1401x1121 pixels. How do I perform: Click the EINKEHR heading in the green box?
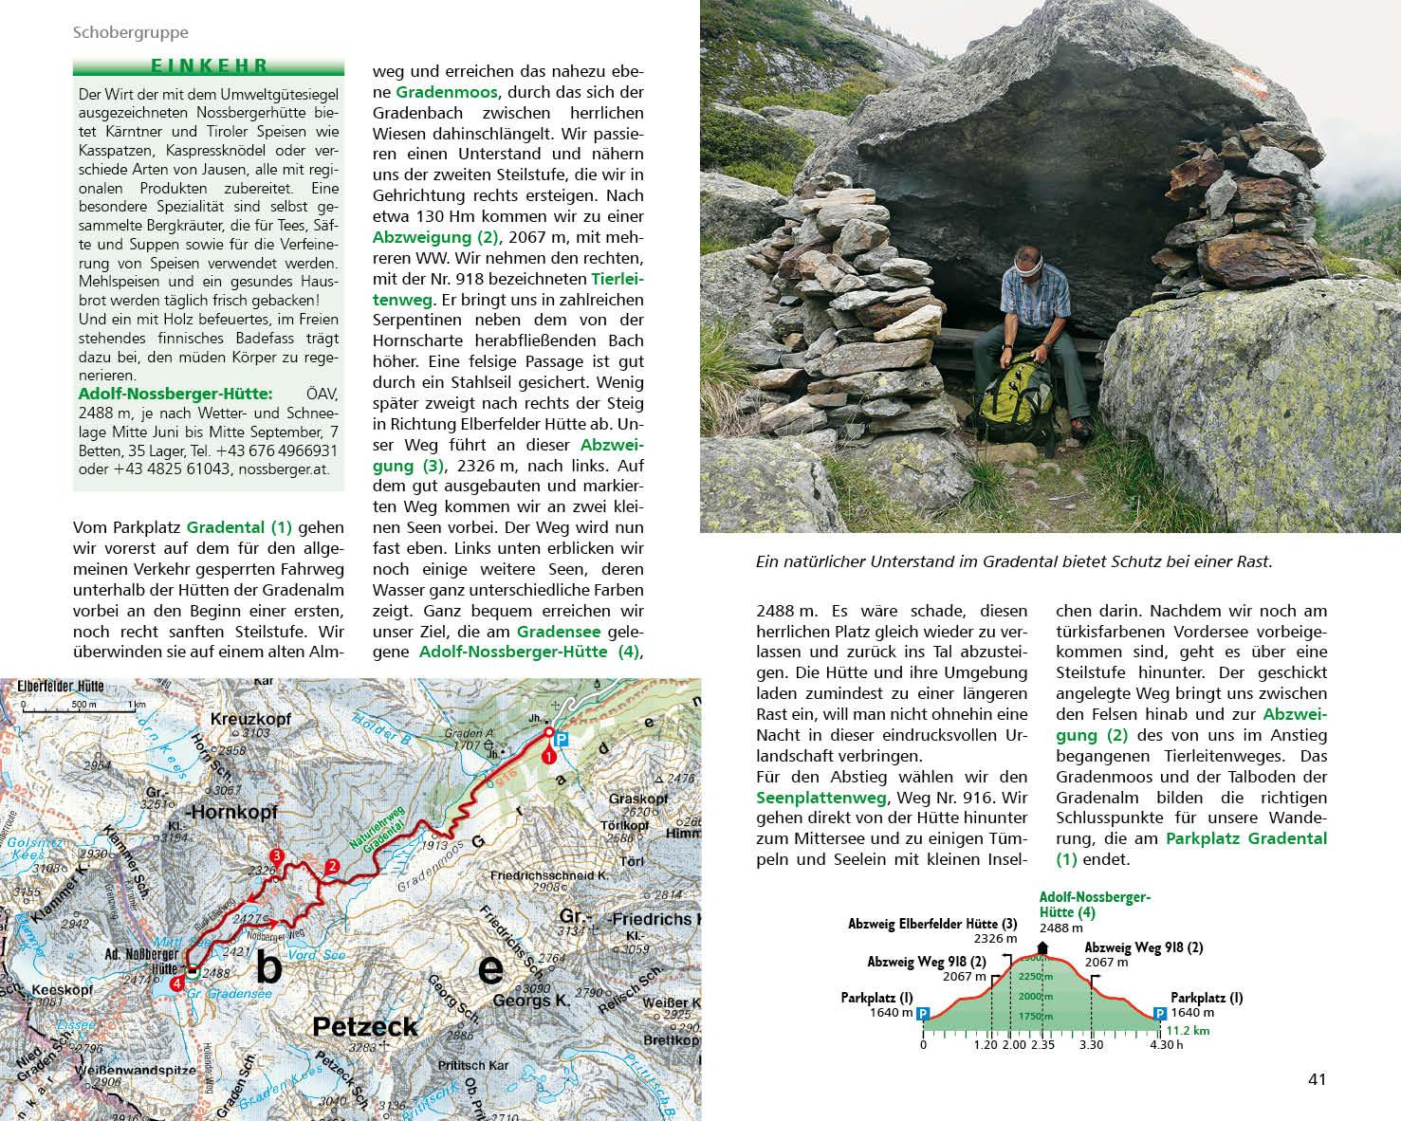(209, 66)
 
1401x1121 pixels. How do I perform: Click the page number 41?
(1317, 1079)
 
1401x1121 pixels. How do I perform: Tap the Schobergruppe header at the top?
(131, 32)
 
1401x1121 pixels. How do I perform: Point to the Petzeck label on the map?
(365, 1026)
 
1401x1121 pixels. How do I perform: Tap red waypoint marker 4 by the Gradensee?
(177, 984)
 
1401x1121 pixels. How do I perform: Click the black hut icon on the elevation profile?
(1042, 947)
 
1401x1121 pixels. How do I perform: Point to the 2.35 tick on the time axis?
(1042, 1045)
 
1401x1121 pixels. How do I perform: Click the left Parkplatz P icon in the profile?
(923, 1013)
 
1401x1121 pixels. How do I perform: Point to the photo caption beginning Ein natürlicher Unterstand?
(1013, 561)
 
